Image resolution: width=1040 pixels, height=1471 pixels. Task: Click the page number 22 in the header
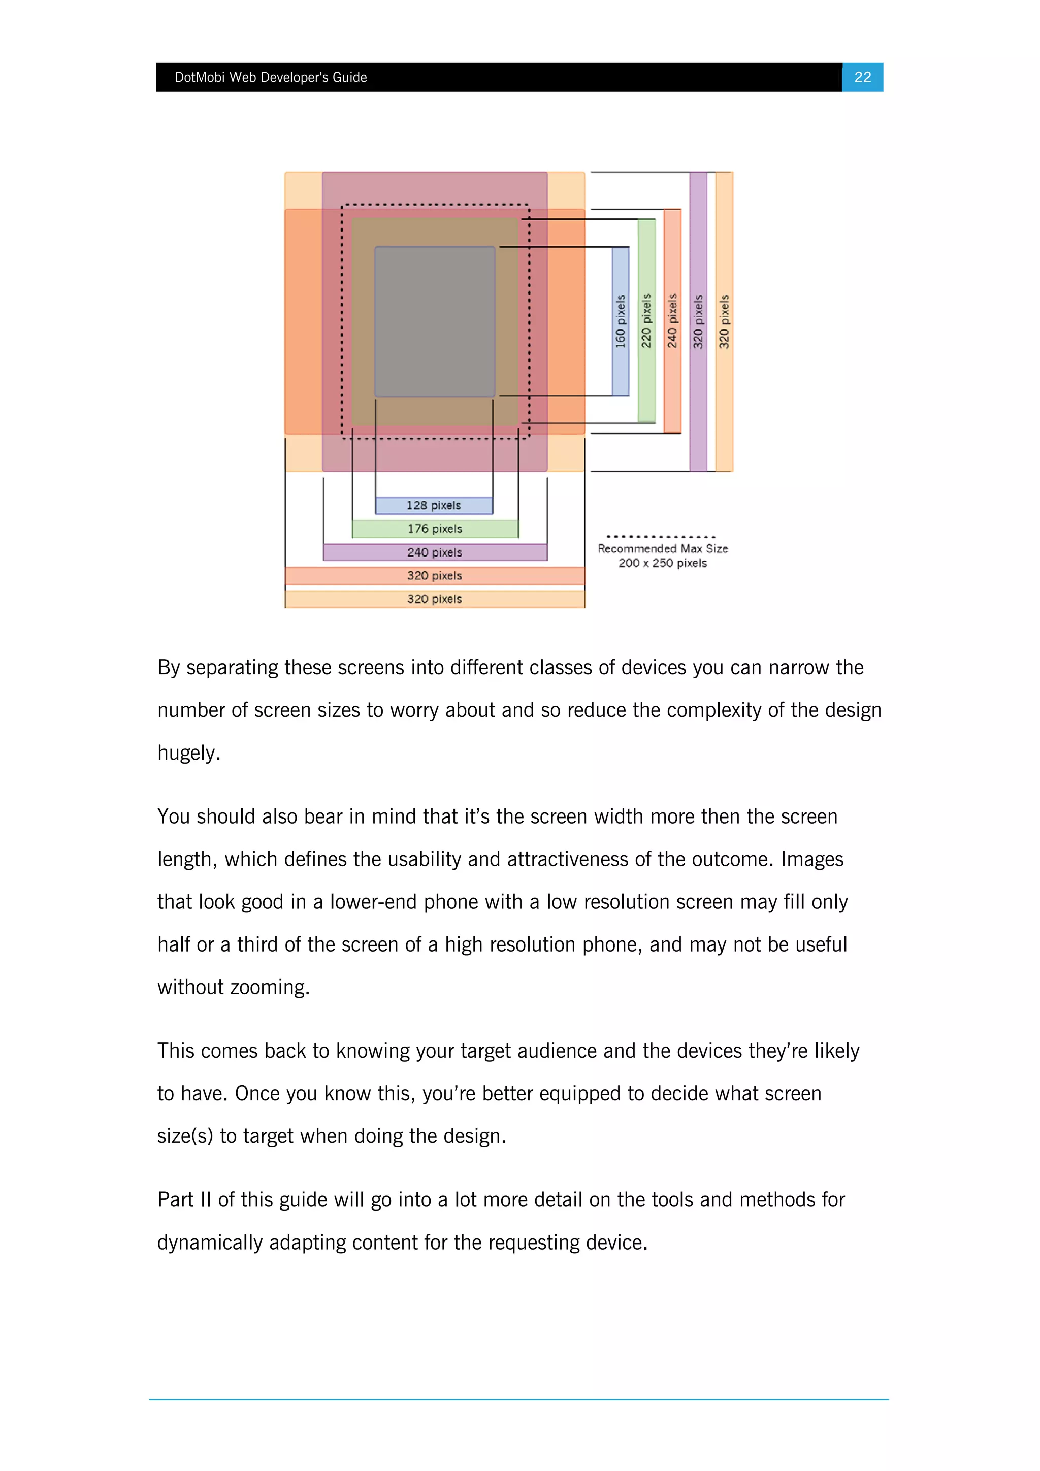[862, 78]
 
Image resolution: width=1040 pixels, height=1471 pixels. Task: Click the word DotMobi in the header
[199, 78]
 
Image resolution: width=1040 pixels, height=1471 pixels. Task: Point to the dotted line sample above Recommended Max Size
[661, 536]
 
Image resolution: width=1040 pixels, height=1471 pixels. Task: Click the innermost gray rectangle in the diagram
[435, 321]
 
